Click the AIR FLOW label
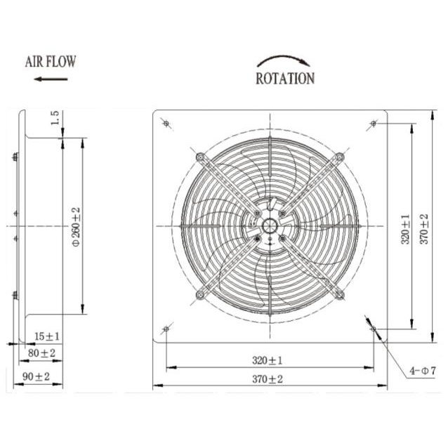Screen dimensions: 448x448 pos(51,62)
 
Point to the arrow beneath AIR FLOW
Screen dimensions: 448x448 pos(51,79)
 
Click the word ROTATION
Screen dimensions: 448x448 pos(285,79)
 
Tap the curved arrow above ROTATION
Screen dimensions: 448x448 pos(284,60)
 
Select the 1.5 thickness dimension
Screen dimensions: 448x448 pos(55,118)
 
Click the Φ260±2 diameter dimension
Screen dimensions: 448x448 pos(77,227)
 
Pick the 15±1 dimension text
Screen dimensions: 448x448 pos(47,336)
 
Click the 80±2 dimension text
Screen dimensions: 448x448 pos(41,353)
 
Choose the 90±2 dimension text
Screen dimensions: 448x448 pos(37,376)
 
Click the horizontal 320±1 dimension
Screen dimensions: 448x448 pos(267,360)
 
